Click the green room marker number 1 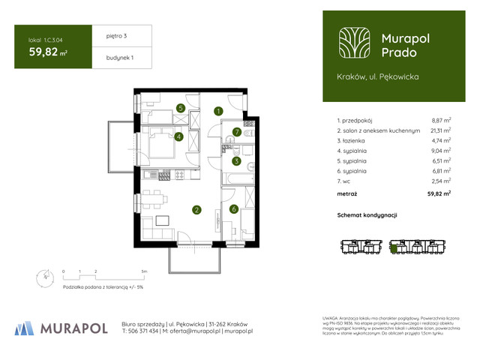pos(218,112)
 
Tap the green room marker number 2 pos(196,210)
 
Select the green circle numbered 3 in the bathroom pos(235,160)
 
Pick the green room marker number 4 pos(178,136)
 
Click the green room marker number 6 pos(234,209)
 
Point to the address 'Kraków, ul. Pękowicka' pos(378,76)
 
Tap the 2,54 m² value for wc pos(440,181)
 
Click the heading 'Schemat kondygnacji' pos(367,215)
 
